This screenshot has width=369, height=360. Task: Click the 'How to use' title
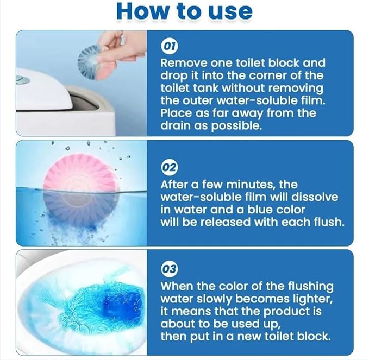click(x=185, y=11)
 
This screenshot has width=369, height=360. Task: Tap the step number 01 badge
click(x=170, y=46)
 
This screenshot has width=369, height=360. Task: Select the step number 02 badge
click(x=170, y=168)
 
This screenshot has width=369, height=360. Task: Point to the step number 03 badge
click(x=170, y=269)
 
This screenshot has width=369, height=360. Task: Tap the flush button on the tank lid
click(x=22, y=81)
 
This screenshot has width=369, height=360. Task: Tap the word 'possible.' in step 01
click(x=236, y=126)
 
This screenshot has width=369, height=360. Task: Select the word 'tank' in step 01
click(x=206, y=88)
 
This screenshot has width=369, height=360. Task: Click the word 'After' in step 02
click(x=174, y=185)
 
